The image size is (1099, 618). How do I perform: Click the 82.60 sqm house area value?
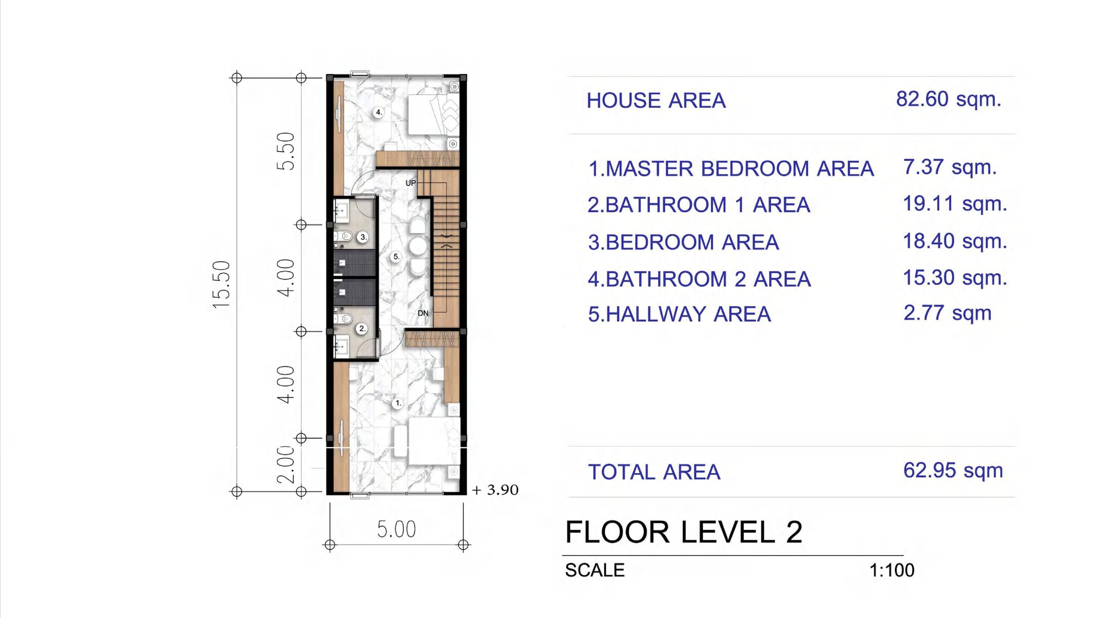tap(948, 99)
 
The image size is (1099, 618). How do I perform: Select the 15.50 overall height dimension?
tap(221, 285)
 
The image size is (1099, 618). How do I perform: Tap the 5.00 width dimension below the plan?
tap(396, 530)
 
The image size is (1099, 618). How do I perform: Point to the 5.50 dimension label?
tap(285, 151)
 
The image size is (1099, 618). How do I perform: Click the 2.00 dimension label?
tap(285, 465)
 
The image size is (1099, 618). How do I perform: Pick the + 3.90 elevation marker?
tap(495, 490)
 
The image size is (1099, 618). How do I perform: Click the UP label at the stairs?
tap(410, 183)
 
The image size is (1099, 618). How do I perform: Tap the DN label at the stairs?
tap(423, 313)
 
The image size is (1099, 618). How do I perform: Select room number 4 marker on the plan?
tap(378, 112)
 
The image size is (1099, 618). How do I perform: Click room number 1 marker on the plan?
tap(397, 403)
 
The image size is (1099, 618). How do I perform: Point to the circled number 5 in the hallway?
tap(396, 257)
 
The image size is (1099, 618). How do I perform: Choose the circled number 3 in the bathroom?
tap(363, 237)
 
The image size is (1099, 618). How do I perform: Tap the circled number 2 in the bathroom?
tap(362, 328)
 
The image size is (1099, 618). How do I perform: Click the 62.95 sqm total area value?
tap(953, 470)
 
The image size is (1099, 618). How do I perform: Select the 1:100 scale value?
tap(892, 570)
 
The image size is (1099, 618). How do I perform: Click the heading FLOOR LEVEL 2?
tap(684, 532)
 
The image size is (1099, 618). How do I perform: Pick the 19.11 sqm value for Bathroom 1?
tap(955, 204)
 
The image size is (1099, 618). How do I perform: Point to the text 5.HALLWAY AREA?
tap(679, 314)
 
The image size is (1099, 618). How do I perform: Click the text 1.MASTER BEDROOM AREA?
tap(731, 169)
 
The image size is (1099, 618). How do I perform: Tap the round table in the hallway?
tap(418, 247)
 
